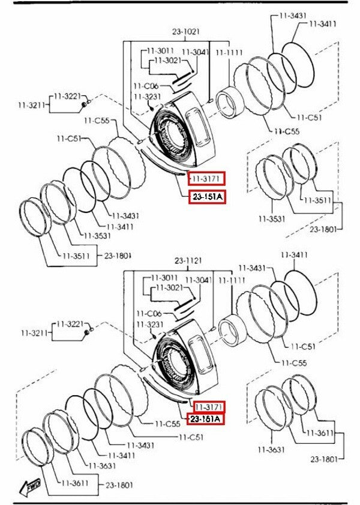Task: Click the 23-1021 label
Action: click(x=185, y=32)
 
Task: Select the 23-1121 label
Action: click(x=188, y=260)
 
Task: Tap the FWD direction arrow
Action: click(x=29, y=486)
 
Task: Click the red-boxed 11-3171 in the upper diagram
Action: click(x=206, y=178)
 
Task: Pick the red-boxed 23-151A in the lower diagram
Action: click(x=205, y=419)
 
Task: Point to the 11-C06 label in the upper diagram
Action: click(x=146, y=86)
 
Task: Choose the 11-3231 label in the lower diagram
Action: click(x=150, y=324)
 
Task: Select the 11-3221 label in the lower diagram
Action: click(x=70, y=324)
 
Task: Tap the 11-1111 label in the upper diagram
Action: click(x=229, y=52)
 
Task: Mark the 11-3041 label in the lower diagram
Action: click(x=199, y=280)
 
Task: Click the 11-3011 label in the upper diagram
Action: click(x=161, y=50)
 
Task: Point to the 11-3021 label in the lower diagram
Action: click(x=169, y=287)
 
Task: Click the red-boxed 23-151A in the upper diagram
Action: click(x=208, y=196)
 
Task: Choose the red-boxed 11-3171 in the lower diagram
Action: click(x=209, y=407)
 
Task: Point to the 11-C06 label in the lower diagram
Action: click(x=149, y=313)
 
